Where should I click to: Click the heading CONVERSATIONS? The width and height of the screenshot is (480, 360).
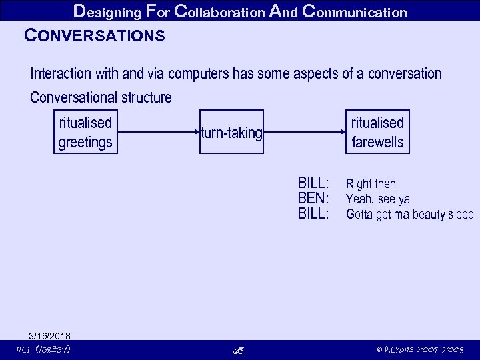coord(94,36)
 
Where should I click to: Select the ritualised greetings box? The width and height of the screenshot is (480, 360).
coord(85,132)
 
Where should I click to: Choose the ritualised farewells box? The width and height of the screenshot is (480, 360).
coord(377,132)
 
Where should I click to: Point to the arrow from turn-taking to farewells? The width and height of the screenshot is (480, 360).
coord(305,133)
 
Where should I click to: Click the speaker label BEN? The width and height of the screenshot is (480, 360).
coord(313,199)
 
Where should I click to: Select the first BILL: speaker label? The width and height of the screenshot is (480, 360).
coord(313,183)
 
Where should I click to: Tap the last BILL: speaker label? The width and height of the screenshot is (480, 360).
coord(313,214)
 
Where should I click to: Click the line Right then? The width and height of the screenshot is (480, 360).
coord(371,184)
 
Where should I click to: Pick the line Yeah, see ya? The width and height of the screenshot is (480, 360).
coord(378,199)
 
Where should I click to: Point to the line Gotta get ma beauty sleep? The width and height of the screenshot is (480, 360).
coord(409,215)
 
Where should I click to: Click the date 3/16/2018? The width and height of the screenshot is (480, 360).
coord(49,335)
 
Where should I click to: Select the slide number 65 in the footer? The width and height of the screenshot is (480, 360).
coord(238,350)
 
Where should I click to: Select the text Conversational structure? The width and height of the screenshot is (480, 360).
coord(101,97)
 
